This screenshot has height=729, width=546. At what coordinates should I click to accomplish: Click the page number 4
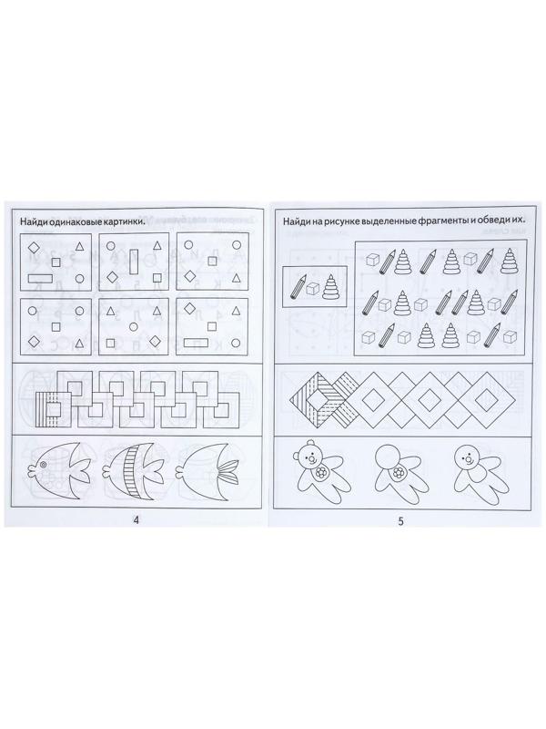click(x=136, y=520)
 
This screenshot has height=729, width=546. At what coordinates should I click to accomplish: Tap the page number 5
click(x=401, y=521)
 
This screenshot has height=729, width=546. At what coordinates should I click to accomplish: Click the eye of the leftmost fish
click(x=43, y=465)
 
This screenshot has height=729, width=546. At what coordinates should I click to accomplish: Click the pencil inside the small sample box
click(x=298, y=286)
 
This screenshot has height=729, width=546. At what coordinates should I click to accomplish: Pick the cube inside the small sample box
click(x=314, y=289)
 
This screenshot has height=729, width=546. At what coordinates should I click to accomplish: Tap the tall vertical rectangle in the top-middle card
click(x=134, y=262)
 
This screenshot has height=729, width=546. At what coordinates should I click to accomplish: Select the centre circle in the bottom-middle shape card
click(x=134, y=326)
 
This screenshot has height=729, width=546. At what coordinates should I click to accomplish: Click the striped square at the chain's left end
click(x=55, y=408)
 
